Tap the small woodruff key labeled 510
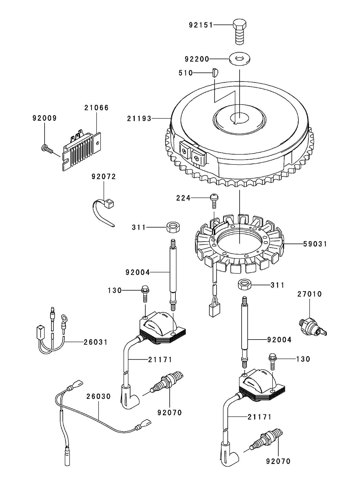215,73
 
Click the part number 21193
139,119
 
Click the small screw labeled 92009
47,148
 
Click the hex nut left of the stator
172,228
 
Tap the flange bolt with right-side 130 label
273,362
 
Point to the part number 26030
98,397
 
